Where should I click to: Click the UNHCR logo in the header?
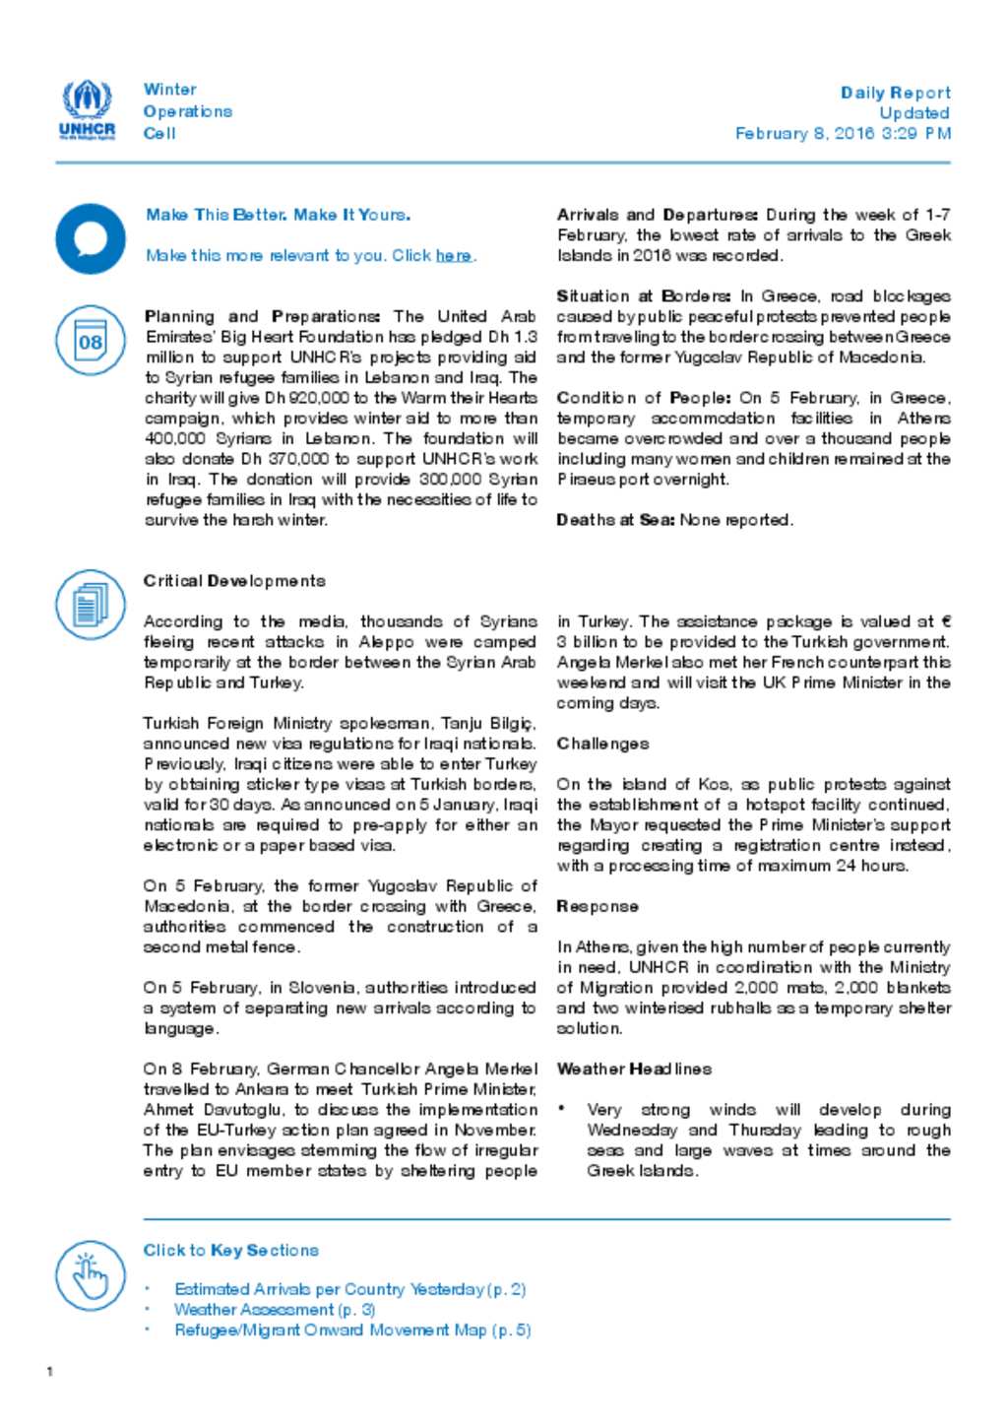tap(88, 109)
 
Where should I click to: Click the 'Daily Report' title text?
tap(895, 93)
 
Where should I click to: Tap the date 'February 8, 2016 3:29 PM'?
tap(843, 133)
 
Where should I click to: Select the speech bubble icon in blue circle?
tap(91, 238)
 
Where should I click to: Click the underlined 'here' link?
tap(453, 256)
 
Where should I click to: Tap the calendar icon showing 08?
tap(91, 341)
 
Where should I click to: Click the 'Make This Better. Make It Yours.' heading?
tap(278, 215)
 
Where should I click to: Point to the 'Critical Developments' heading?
tap(234, 581)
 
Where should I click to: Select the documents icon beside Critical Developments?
tap(91, 604)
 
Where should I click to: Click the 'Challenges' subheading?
tap(602, 744)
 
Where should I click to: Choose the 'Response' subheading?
tap(598, 906)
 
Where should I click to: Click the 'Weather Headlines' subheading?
tap(634, 1069)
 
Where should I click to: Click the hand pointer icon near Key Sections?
tap(91, 1275)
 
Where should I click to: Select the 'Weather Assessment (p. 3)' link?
tap(275, 1310)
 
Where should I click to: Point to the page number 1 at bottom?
tap(50, 1372)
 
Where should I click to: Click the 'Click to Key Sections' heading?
tap(231, 1250)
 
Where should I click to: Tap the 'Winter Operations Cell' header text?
tap(187, 111)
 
